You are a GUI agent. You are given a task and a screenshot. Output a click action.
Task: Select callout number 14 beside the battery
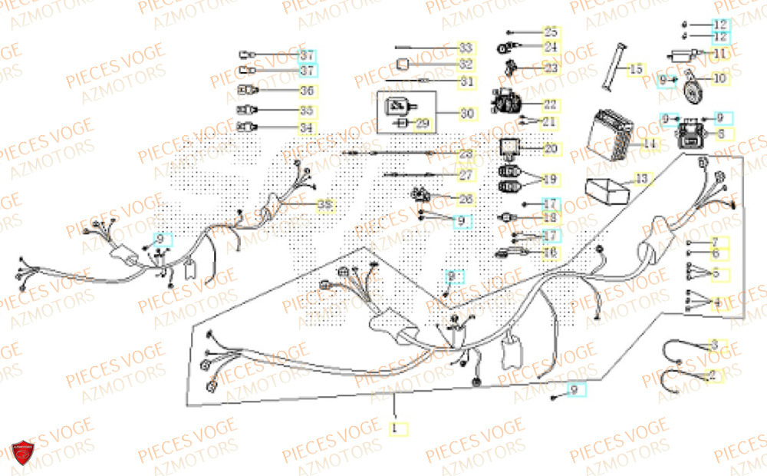pyautogui.click(x=649, y=144)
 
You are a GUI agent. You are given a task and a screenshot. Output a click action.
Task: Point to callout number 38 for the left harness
pyautogui.click(x=326, y=205)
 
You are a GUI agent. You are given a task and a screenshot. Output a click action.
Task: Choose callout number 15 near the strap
pyautogui.click(x=636, y=70)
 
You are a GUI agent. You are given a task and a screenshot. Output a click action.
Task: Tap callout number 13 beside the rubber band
pyautogui.click(x=641, y=179)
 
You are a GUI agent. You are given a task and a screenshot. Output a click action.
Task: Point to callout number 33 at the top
pyautogui.click(x=466, y=47)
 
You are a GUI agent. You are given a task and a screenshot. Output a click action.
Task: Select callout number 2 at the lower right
pyautogui.click(x=713, y=375)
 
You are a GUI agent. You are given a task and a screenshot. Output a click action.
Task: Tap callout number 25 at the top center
pyautogui.click(x=551, y=32)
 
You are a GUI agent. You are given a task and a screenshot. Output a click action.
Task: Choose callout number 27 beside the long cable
pyautogui.click(x=466, y=175)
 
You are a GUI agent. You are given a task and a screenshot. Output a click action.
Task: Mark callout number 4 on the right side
pyautogui.click(x=716, y=302)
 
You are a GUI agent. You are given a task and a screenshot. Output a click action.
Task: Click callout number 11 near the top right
pyautogui.click(x=719, y=54)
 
